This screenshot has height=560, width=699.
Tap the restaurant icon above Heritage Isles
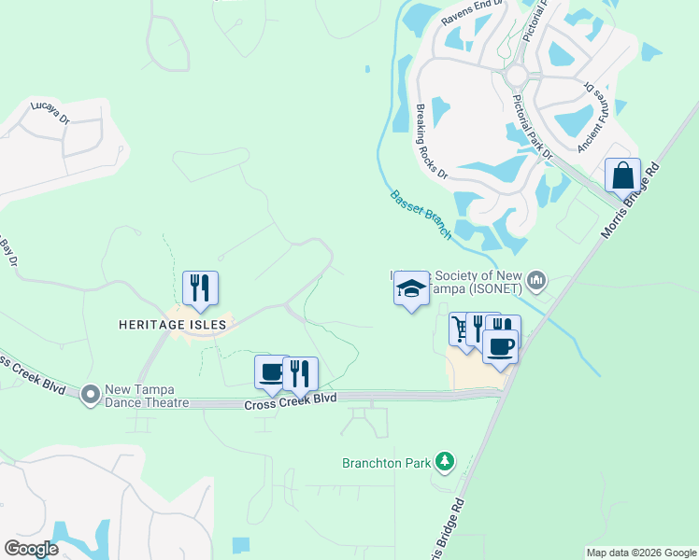(200, 289)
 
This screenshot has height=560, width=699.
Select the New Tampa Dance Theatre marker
(91, 395)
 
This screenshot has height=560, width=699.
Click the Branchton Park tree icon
(446, 461)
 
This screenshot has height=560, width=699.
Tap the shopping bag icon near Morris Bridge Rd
(622, 176)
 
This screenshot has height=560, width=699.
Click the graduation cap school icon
(409, 289)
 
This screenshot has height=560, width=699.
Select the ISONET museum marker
(536, 280)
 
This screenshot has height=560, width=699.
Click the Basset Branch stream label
(421, 215)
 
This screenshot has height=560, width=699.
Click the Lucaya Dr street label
(50, 112)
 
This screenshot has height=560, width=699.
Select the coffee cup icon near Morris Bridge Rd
(500, 346)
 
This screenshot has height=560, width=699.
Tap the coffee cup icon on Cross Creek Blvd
(272, 372)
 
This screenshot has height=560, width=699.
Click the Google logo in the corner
(30, 549)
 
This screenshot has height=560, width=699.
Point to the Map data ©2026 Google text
(641, 553)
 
